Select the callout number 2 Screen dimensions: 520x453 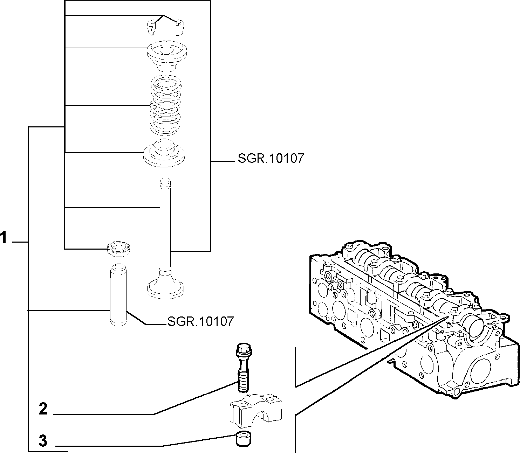click(43, 409)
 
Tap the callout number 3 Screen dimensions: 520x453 click(43, 440)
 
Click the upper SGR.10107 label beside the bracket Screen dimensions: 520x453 click(271, 159)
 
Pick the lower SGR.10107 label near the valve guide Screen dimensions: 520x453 click(200, 321)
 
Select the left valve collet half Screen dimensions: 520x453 click(151, 27)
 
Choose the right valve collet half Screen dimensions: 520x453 click(180, 27)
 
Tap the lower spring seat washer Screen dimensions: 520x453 click(164, 153)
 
